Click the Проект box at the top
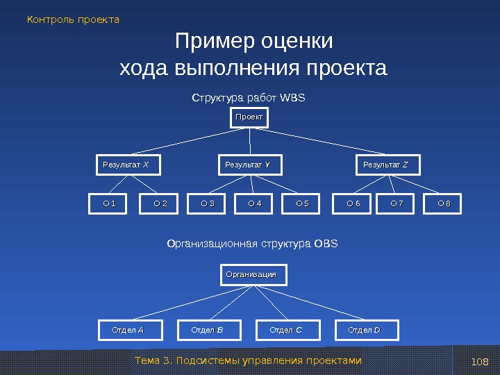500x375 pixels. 249,118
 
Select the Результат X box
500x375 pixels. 127,165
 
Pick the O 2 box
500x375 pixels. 160,204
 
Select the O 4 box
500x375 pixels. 255,204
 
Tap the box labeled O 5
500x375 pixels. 303,204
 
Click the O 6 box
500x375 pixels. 353,204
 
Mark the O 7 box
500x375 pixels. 397,204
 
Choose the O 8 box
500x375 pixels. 444,204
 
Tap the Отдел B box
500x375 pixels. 207,330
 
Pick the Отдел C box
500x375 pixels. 285,330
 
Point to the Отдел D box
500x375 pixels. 365,330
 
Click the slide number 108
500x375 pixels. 480,362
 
